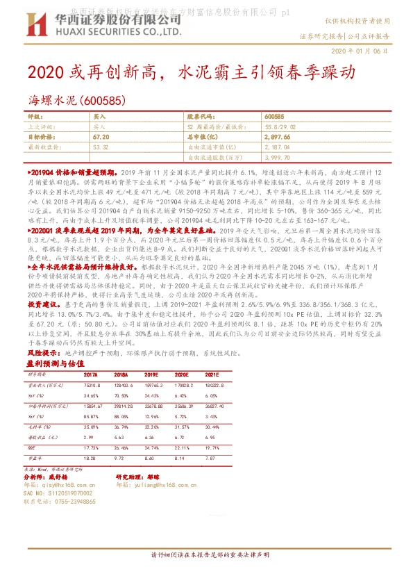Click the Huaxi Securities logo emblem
(36, 26)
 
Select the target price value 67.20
(102, 138)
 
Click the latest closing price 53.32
(101, 147)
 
